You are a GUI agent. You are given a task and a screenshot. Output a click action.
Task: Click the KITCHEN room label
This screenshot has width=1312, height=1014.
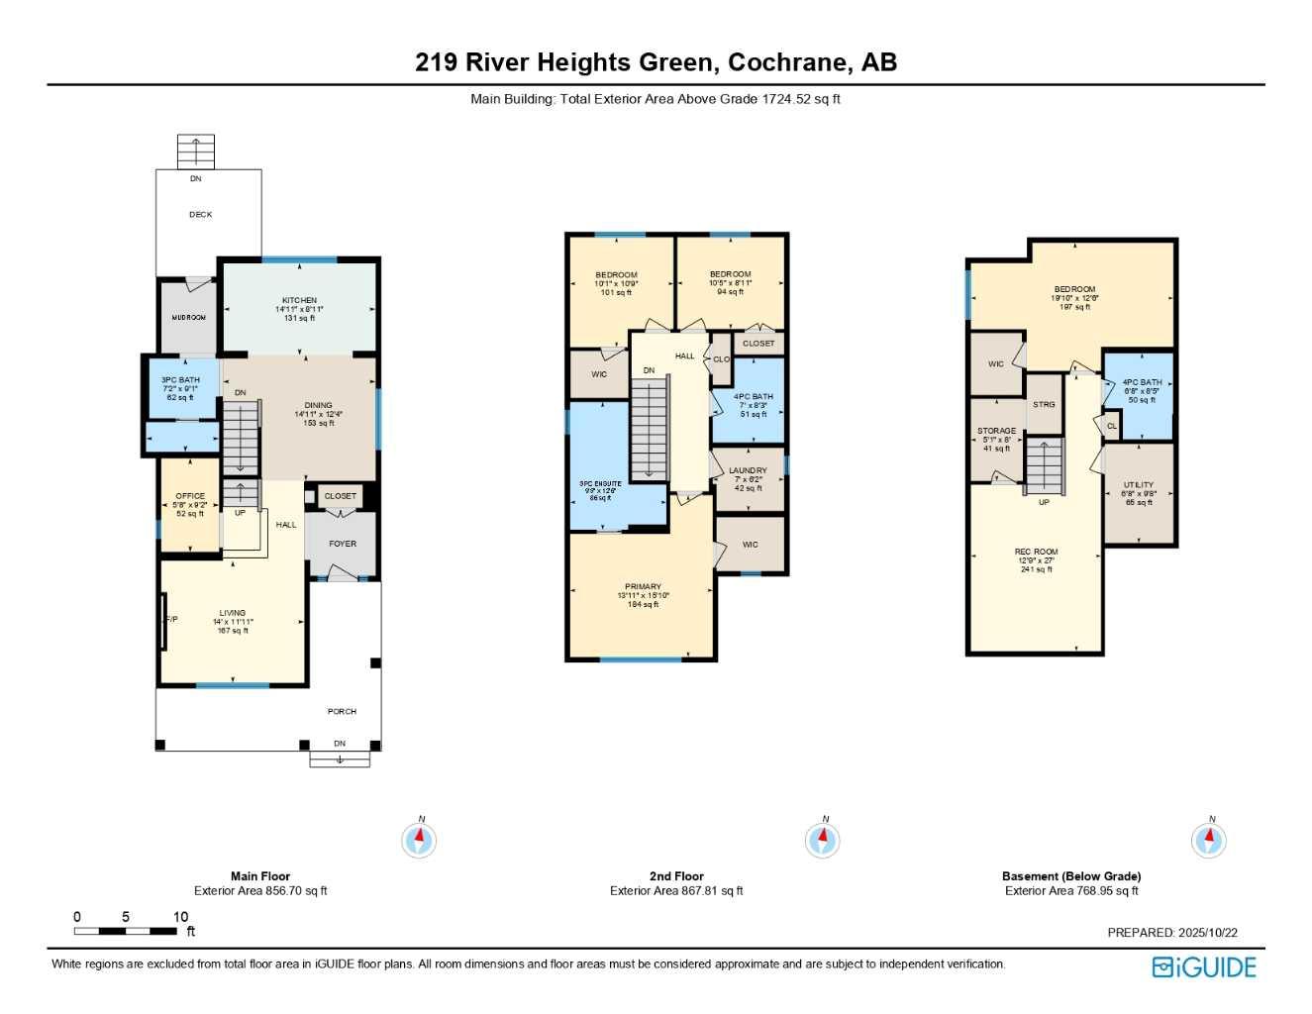click(299, 300)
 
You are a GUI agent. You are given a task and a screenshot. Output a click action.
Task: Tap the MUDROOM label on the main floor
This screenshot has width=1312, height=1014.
click(188, 318)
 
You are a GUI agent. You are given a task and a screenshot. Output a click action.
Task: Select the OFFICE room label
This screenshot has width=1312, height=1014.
click(190, 496)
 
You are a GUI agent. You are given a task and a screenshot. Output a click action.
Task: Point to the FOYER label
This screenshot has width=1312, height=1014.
click(343, 544)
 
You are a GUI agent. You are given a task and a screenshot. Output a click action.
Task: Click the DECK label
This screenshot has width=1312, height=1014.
click(201, 215)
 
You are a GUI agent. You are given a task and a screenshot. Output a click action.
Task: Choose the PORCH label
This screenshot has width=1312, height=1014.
click(342, 711)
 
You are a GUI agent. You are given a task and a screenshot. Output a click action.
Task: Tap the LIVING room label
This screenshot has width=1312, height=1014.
click(233, 613)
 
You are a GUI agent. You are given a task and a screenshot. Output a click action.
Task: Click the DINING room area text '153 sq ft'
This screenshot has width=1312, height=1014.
click(319, 423)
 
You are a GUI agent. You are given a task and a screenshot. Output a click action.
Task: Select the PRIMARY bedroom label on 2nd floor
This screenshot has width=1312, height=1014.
click(643, 586)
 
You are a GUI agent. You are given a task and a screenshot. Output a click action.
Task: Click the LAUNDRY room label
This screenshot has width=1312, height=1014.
click(748, 470)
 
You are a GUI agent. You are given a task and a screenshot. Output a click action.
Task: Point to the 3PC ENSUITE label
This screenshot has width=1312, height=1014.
click(600, 484)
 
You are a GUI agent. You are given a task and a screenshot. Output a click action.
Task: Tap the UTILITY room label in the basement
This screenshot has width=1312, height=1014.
click(1139, 485)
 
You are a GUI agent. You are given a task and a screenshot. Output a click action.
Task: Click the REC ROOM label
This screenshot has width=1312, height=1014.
click(1036, 552)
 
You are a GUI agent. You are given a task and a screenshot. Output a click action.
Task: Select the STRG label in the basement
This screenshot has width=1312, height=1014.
click(1044, 404)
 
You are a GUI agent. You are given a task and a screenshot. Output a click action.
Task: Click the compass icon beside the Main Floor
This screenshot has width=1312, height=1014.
click(419, 840)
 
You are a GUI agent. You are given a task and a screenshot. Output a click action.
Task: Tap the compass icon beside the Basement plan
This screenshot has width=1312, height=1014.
click(1208, 840)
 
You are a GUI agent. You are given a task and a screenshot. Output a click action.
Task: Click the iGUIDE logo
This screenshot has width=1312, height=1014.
click(1204, 967)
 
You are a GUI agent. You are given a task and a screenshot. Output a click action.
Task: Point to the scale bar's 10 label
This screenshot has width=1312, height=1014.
click(180, 917)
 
